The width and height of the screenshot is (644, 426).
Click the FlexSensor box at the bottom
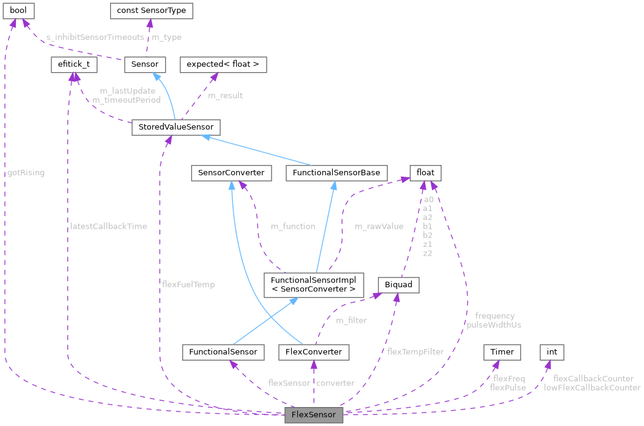coord(314,414)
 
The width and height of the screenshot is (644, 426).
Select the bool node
coord(19,10)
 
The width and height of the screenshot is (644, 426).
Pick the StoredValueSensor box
coord(176,127)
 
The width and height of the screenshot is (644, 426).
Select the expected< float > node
coord(223,64)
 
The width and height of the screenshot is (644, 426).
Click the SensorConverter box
coord(231,172)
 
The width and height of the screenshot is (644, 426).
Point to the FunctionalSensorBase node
coord(336,172)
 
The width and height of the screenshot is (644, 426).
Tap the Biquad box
coord(399,284)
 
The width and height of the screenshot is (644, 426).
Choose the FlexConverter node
coord(314,352)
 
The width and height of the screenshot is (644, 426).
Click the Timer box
coord(502,352)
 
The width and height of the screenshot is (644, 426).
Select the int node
coord(552,352)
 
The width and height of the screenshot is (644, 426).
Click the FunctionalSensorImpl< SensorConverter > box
coord(313,284)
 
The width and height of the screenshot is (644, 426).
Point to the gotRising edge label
coord(26,172)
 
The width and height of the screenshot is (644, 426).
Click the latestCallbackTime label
coord(109,226)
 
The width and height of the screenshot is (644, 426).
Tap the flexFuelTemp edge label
coord(188,284)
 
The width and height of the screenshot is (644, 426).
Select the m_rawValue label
coord(379,226)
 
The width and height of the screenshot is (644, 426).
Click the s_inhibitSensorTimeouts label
coord(95,37)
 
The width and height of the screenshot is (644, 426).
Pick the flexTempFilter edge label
coord(415,351)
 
